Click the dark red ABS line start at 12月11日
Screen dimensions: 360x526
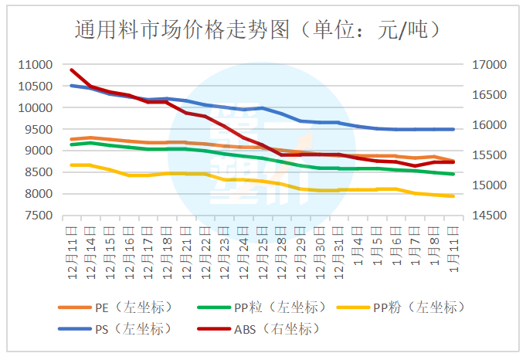(x=72, y=70)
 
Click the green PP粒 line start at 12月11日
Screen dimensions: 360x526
(x=72, y=144)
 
